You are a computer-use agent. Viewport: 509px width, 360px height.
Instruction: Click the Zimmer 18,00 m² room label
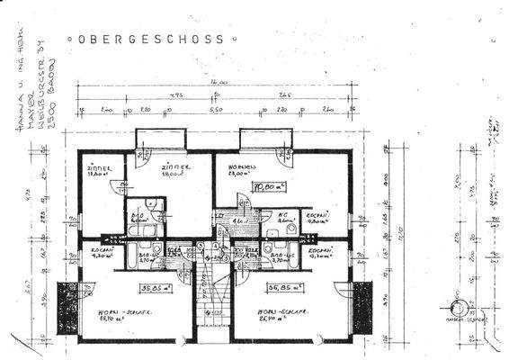coord(174,171)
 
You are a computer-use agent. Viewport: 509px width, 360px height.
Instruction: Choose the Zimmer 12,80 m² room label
coord(98,171)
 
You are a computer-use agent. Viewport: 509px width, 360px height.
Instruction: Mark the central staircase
coord(212,288)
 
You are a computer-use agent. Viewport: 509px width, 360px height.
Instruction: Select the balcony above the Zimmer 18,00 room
coord(161,139)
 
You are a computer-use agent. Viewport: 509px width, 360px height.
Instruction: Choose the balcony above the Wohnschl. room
coord(265,139)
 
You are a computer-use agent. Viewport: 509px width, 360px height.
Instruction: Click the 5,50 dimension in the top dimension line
coord(216,109)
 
